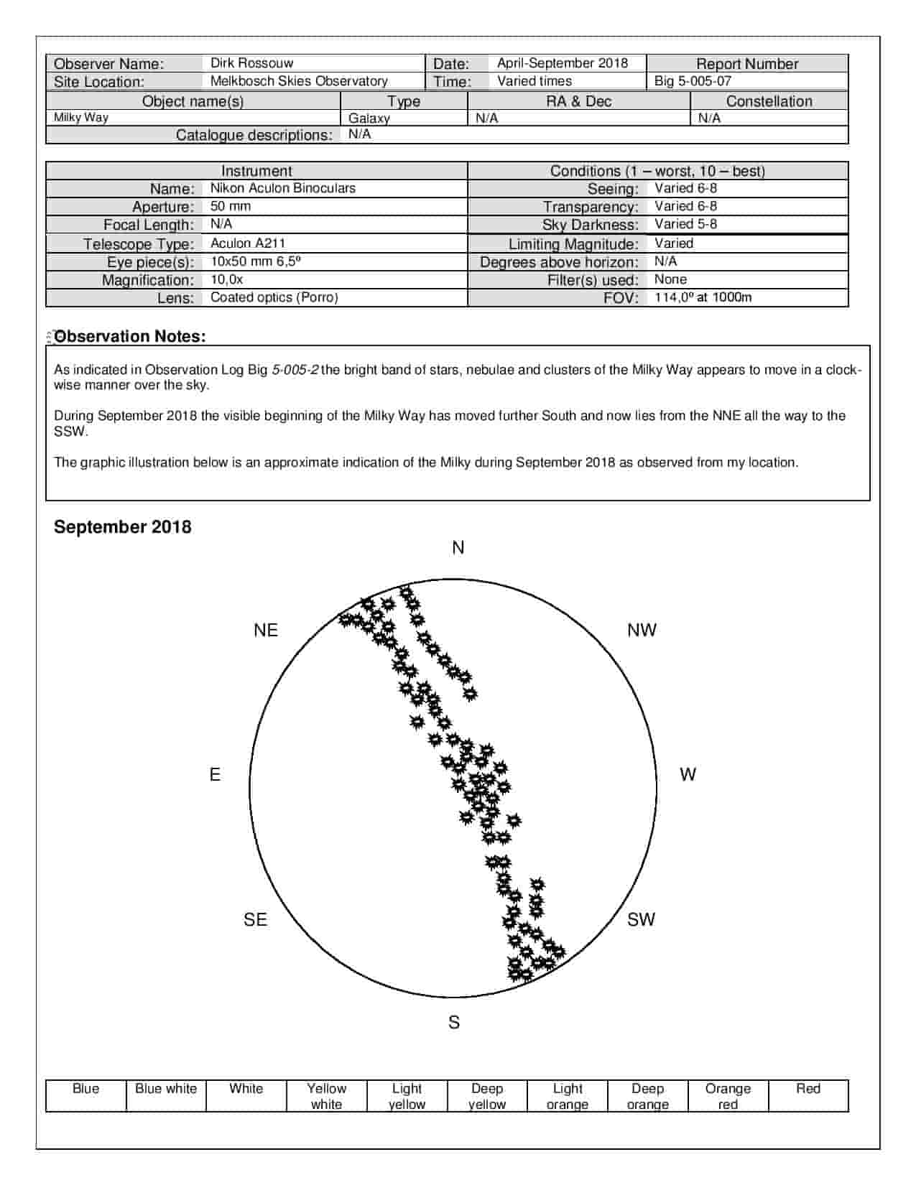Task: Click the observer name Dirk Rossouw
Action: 251,63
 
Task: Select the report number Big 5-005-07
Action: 693,81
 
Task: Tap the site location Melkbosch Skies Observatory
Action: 299,81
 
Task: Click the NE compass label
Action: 266,630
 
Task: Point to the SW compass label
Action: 641,919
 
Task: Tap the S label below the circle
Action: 454,1022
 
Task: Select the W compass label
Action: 688,774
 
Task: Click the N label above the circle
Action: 458,548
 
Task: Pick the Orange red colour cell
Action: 728,1096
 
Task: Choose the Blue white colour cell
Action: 166,1089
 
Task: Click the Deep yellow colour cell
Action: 487,1096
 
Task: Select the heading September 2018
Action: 123,526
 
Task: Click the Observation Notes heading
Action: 130,336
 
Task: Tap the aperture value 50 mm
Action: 231,206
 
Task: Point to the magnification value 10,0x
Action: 226,279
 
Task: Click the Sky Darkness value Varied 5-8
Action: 685,224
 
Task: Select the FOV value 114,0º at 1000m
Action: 703,297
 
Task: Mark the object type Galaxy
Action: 369,118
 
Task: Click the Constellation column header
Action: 769,101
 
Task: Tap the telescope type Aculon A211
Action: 248,243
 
